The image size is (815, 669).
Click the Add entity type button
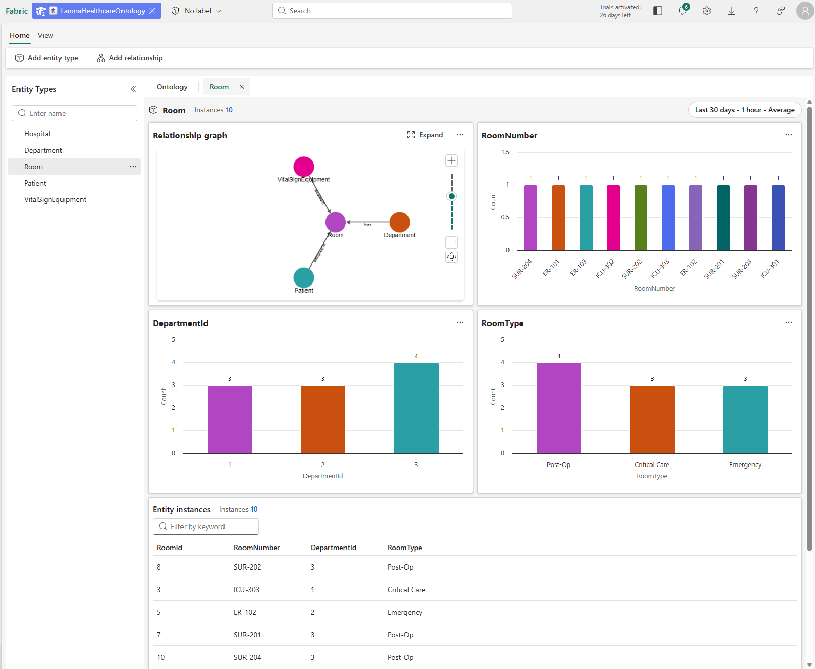pyautogui.click(x=47, y=58)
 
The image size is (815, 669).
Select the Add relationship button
pyautogui.click(x=130, y=58)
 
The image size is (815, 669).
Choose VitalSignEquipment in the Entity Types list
pyautogui.click(x=55, y=199)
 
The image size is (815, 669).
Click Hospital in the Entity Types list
pyautogui.click(x=37, y=134)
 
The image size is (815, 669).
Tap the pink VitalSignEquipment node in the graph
pyautogui.click(x=303, y=167)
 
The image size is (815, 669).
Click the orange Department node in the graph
pyautogui.click(x=399, y=222)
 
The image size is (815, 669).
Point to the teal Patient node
pyautogui.click(x=303, y=277)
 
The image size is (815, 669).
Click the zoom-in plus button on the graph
pyautogui.click(x=452, y=160)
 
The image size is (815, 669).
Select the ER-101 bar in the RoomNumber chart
pyautogui.click(x=558, y=218)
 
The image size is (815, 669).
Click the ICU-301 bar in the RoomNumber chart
pyautogui.click(x=778, y=218)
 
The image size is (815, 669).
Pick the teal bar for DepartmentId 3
pyautogui.click(x=416, y=408)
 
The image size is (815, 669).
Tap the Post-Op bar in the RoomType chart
pyautogui.click(x=559, y=408)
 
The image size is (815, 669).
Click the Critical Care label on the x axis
pyautogui.click(x=651, y=465)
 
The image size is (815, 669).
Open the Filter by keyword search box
pyautogui.click(x=206, y=526)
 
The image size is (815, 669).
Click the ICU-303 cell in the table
pyautogui.click(x=247, y=590)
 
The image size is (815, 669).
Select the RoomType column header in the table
pyautogui.click(x=404, y=548)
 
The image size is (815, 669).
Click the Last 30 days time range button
pyautogui.click(x=744, y=110)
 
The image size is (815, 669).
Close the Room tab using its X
pyautogui.click(x=242, y=87)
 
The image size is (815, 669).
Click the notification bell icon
pyautogui.click(x=682, y=11)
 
